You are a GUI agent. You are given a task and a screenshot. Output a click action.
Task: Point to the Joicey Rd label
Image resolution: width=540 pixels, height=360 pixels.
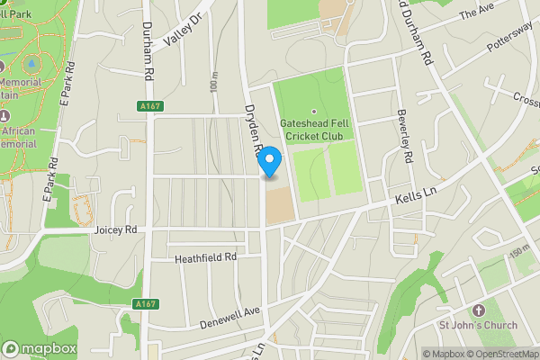point(115,230)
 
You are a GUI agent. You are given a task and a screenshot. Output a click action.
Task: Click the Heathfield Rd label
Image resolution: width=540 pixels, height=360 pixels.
point(205,257)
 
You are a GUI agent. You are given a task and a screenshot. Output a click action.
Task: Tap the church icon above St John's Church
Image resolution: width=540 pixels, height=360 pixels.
point(477,310)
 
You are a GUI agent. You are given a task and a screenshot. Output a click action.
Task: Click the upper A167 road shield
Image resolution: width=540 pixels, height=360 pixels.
point(150,106)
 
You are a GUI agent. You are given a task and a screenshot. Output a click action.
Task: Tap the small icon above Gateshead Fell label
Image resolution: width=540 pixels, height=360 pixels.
point(314,111)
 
